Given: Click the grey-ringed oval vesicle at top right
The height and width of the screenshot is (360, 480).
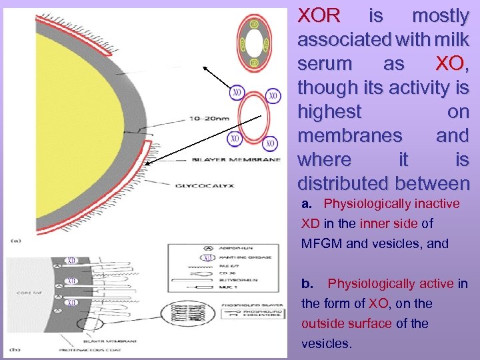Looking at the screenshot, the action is tap(254, 44).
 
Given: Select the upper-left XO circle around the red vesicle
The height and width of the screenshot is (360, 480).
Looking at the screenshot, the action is tap(237, 93).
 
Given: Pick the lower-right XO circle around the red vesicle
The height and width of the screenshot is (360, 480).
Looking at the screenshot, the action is tap(269, 143).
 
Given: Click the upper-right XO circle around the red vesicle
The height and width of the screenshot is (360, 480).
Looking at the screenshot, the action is tap(273, 96).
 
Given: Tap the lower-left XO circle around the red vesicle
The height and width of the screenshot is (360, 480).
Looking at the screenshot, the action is tap(234, 139).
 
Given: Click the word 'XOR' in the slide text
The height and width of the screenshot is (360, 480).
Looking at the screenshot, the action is tap(319, 15).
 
